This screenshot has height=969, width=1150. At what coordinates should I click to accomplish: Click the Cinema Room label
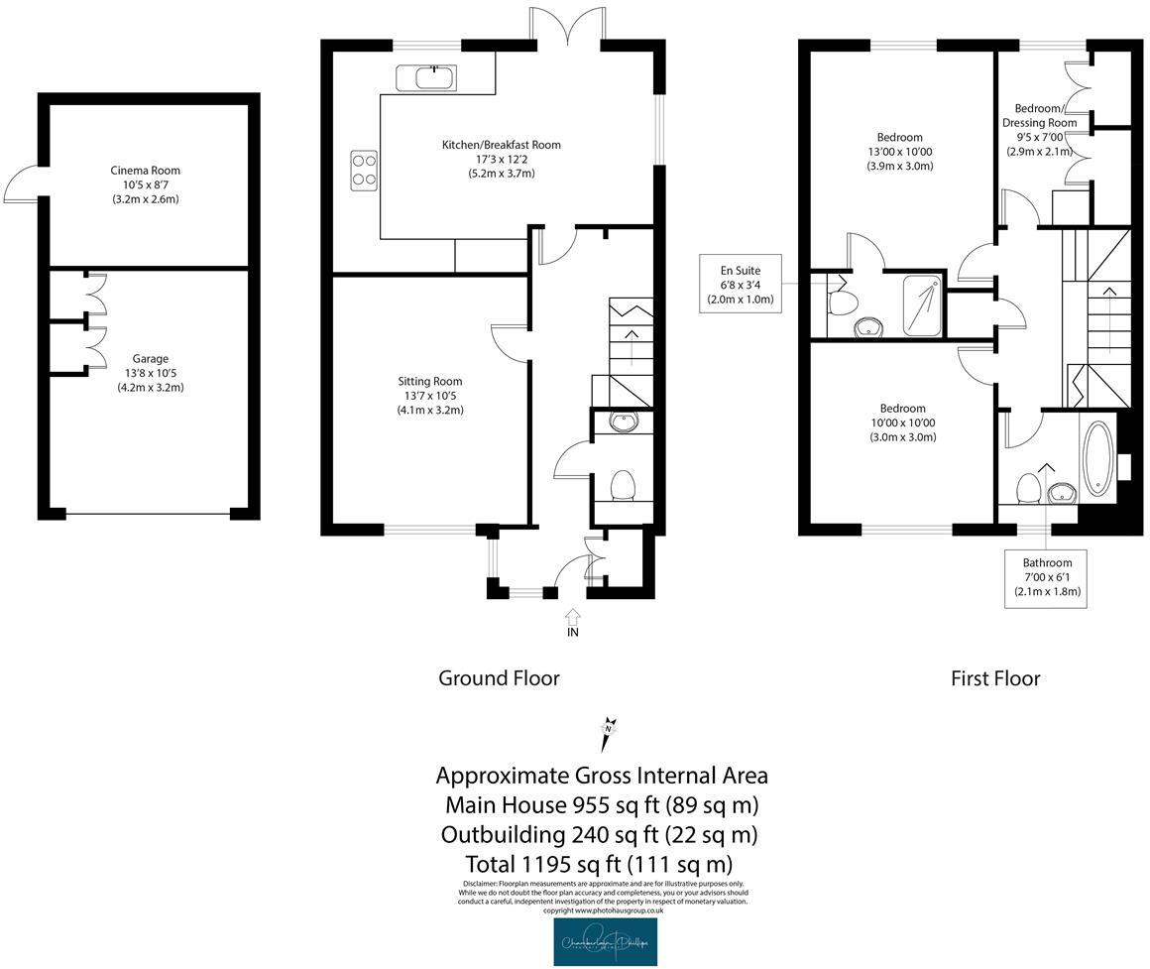click(x=145, y=184)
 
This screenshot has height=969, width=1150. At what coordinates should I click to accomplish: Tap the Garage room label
click(x=151, y=373)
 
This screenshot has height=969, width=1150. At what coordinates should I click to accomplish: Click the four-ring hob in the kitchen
click(x=363, y=169)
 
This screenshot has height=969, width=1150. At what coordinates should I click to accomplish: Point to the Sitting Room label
click(x=430, y=395)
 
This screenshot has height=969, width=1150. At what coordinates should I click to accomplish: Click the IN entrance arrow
click(x=573, y=622)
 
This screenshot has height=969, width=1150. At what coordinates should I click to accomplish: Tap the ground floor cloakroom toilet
click(x=623, y=486)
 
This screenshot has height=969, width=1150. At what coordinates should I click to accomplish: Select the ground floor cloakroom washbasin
click(x=623, y=424)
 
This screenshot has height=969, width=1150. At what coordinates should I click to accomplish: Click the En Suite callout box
click(x=741, y=284)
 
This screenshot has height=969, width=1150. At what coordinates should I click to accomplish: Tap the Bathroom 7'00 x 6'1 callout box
click(x=1047, y=578)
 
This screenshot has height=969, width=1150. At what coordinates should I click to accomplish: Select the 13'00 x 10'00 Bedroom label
click(x=899, y=152)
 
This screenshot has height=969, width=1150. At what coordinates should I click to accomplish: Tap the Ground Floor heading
click(x=499, y=678)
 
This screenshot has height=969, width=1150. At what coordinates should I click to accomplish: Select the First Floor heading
click(x=995, y=678)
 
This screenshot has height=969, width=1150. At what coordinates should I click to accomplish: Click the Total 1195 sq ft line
click(x=598, y=863)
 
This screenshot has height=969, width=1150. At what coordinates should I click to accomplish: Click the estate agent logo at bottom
click(x=605, y=942)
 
